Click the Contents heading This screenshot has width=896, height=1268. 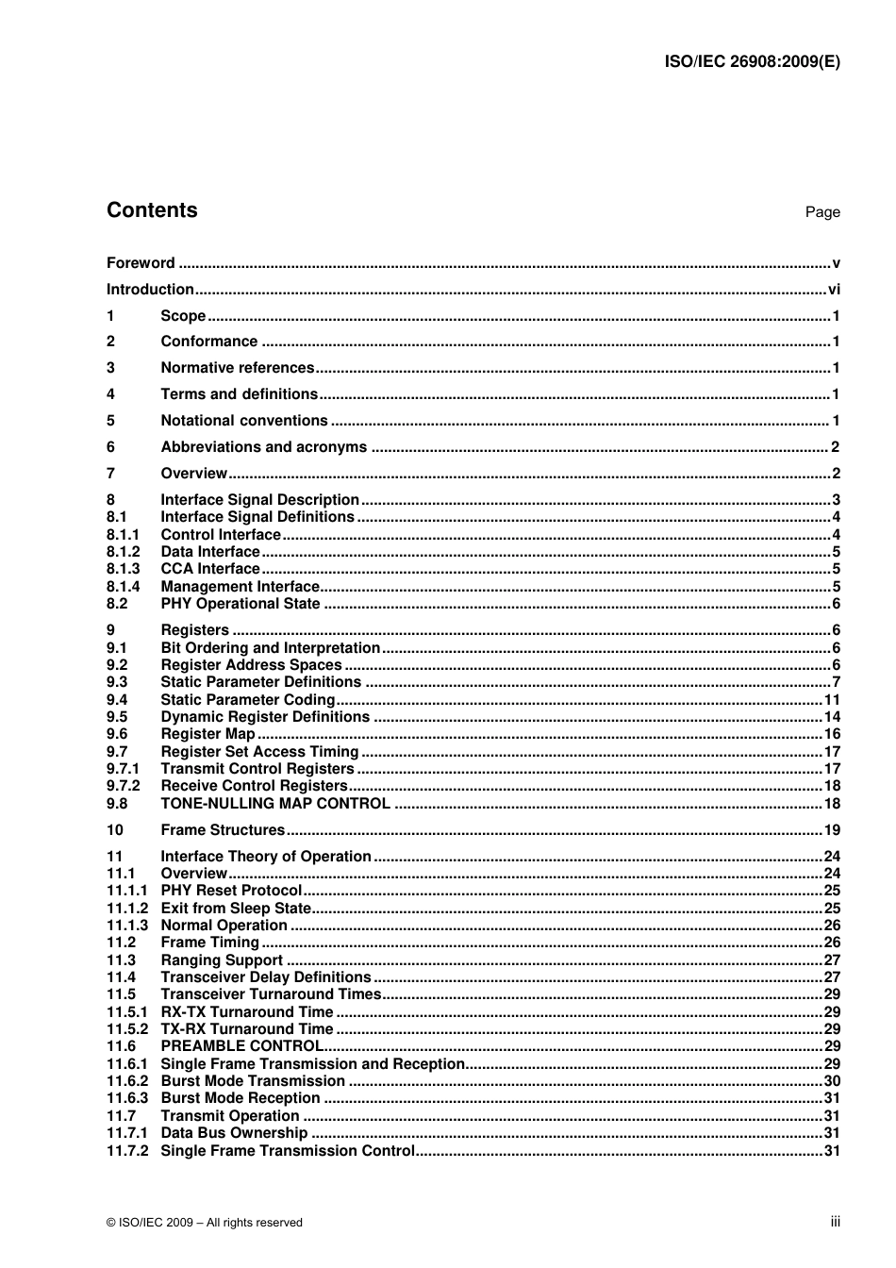(x=152, y=210)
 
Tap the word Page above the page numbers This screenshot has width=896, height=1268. (x=821, y=212)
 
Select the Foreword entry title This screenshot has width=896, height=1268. (x=141, y=263)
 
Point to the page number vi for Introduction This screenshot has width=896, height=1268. (x=833, y=290)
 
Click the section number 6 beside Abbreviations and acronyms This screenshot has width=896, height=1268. (x=110, y=447)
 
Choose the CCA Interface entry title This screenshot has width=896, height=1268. (x=209, y=569)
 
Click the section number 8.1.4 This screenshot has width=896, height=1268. (x=123, y=587)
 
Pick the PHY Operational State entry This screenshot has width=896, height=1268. (x=241, y=604)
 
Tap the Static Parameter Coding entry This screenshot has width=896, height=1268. (x=247, y=700)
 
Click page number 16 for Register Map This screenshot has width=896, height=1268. (x=831, y=734)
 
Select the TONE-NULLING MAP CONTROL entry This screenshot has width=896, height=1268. (x=274, y=804)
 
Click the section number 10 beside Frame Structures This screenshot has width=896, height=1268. (x=114, y=830)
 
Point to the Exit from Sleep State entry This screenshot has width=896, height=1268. (x=236, y=909)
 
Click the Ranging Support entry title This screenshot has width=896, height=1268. (x=222, y=960)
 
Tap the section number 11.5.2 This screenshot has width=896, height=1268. (x=126, y=1029)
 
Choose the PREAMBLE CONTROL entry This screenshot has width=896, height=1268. (x=241, y=1046)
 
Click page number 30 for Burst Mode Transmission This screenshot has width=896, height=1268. (x=831, y=1081)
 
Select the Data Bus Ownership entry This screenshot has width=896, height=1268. (x=234, y=1133)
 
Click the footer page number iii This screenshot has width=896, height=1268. (x=835, y=1222)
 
